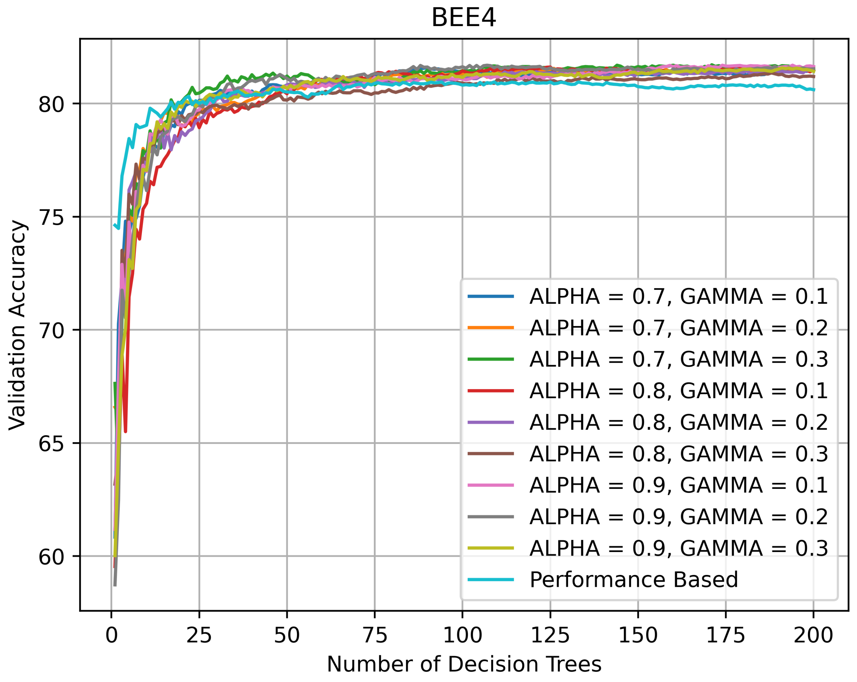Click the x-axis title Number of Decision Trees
tap(464, 664)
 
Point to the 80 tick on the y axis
tap(51, 104)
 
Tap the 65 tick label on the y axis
tap(51, 444)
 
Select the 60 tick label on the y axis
tap(51, 557)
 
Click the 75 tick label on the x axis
tap(375, 635)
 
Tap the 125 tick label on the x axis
tap(550, 635)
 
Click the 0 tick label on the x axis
tap(111, 635)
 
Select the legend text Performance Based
tap(634, 579)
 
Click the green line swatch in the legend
tap(491, 359)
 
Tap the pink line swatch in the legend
tap(491, 485)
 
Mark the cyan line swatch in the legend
tap(491, 579)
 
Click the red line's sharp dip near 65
tap(125, 431)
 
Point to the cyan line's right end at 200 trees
tap(814, 90)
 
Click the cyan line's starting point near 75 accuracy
tap(115, 225)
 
